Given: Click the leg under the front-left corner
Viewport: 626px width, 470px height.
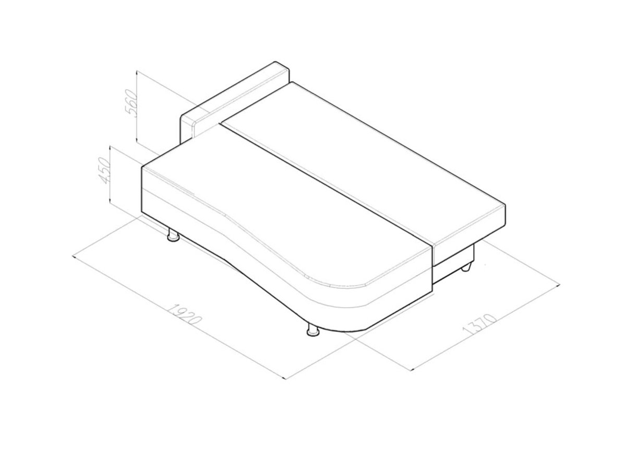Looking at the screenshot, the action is coord(173,234).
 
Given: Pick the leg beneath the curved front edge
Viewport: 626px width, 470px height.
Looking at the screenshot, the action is coord(312,330).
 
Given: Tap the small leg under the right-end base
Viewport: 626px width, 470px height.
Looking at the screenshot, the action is coord(466,268).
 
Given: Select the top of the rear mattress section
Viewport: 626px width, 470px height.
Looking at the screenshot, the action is coord(363,160).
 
